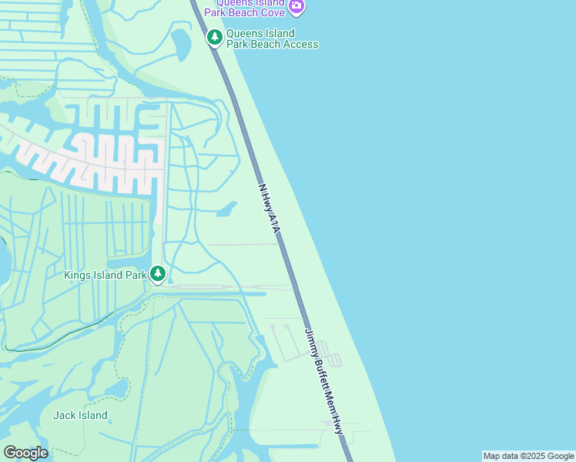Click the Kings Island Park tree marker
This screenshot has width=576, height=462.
coord(158,273)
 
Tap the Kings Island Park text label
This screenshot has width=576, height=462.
coord(105,274)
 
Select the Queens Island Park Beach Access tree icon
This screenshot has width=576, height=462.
coord(214,37)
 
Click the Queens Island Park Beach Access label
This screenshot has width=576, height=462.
coord(272,38)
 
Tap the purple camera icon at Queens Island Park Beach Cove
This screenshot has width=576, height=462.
coord(296,8)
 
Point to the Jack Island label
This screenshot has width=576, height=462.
coord(80,415)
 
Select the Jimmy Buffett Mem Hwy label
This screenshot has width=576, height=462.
coord(324,381)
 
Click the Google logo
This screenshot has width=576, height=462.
coord(25,453)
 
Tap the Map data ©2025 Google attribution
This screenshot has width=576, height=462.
coord(528,456)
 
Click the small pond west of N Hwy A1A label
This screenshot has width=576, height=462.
coord(226,209)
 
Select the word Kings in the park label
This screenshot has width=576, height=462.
coord(78,274)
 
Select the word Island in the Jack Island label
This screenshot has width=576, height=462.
coord(92,415)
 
